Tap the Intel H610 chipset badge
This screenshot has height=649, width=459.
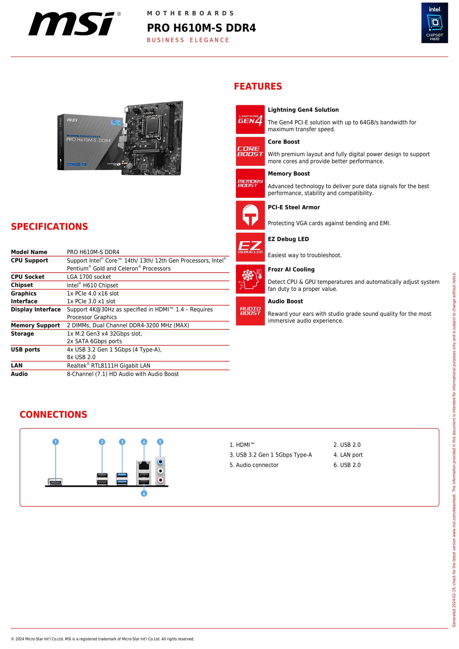point(434,23)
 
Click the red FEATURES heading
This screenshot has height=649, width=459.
point(258,86)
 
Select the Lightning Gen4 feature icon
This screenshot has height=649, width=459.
point(250,119)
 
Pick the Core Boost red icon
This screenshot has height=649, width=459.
point(250,151)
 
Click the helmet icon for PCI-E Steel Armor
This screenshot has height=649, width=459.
point(250,215)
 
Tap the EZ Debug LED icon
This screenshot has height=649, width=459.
point(250,247)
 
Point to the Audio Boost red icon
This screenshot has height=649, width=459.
point(250,311)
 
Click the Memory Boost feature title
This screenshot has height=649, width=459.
point(289,174)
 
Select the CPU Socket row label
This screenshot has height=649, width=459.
point(28,277)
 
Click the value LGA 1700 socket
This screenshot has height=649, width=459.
point(89,277)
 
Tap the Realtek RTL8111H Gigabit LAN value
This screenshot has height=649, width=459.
point(108,366)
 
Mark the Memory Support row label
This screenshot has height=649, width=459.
point(35,325)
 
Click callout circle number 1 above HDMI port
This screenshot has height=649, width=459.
point(56,442)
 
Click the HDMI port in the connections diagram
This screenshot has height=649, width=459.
point(56,481)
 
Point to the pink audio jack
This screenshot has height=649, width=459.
point(160,480)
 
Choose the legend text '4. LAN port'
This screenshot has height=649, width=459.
point(348,455)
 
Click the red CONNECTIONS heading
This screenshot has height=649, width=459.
point(53,414)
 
